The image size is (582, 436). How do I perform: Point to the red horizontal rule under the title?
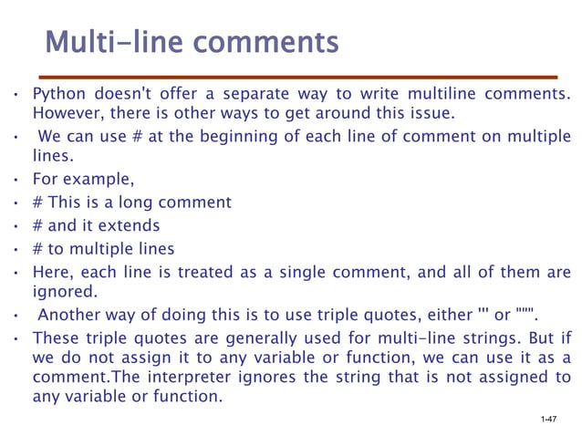click(302, 78)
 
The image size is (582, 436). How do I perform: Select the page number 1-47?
click(548, 419)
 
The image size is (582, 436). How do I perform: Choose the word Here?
click(51, 272)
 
